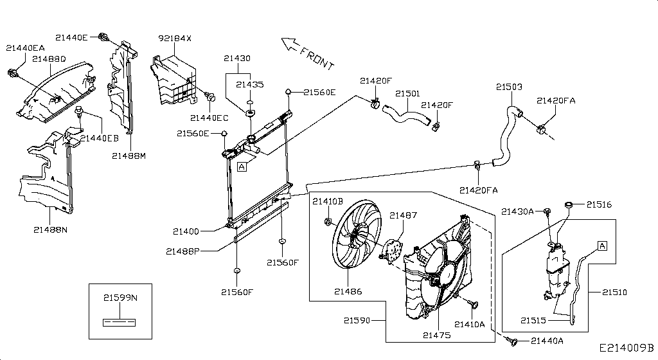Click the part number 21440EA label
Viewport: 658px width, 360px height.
[x=25, y=48]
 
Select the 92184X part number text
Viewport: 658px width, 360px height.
[x=175, y=39]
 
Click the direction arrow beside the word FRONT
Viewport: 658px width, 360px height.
[x=290, y=44]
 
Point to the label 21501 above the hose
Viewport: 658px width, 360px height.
[x=407, y=94]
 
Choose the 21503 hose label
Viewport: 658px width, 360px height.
[x=509, y=87]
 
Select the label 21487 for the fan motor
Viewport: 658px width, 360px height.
[x=403, y=215]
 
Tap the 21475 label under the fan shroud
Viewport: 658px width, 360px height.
[x=436, y=335]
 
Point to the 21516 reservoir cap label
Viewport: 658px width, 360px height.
[x=598, y=205]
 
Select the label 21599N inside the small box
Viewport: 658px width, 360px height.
[x=120, y=298]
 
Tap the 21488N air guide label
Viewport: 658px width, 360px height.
[x=51, y=229]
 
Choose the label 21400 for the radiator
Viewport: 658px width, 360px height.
[x=186, y=231]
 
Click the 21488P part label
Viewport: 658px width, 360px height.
[x=183, y=251]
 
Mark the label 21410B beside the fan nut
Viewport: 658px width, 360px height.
[x=328, y=201]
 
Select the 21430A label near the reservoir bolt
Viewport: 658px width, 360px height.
[x=517, y=212]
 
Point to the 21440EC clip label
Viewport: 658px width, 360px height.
[x=209, y=118]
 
